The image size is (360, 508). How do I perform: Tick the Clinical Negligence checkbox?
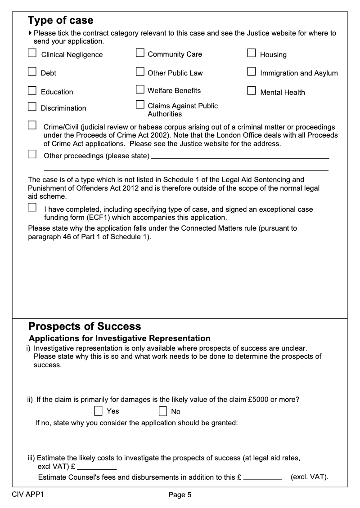point(32,53)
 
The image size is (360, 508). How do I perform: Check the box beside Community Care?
point(140,53)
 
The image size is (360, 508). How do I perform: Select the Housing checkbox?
point(252,53)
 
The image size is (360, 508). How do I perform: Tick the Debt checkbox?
point(32,71)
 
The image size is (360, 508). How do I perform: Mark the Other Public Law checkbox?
point(140,71)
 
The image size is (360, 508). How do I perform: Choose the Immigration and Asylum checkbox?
point(252,71)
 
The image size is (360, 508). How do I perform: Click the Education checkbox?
point(32,90)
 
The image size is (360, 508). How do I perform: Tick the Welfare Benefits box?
point(140,89)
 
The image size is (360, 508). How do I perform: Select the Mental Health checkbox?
point(252,91)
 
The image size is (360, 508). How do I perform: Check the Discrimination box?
point(32,107)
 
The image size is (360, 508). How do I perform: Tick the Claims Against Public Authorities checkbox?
point(140,105)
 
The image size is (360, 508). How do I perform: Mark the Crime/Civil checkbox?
point(32,125)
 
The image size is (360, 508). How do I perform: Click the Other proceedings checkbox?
point(32,155)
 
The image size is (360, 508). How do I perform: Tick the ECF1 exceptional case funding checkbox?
point(32,208)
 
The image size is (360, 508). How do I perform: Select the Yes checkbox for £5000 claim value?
point(99,411)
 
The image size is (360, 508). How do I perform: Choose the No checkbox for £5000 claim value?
point(163,411)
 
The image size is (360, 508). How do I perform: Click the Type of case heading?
point(61,20)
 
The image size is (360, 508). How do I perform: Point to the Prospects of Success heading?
point(85,326)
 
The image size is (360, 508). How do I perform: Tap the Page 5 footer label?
point(180,495)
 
